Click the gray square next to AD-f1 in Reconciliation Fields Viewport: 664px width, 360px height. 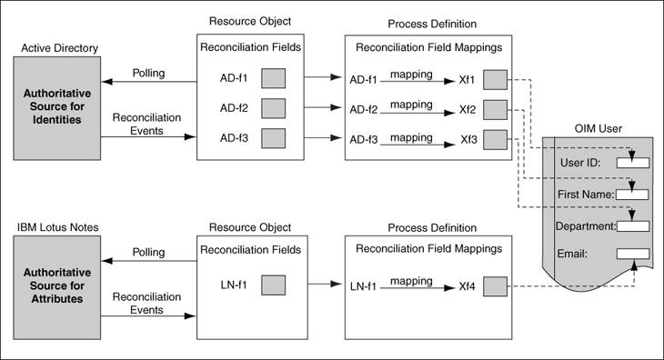[x=274, y=79]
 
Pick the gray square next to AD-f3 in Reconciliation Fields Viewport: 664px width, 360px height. [x=274, y=140]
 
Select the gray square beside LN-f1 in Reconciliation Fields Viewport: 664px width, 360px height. [x=274, y=286]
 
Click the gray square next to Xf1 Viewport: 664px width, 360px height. [x=496, y=79]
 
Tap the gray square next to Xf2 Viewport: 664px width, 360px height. [x=496, y=110]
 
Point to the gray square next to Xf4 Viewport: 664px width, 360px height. [x=496, y=287]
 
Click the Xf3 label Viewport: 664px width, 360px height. [x=468, y=140]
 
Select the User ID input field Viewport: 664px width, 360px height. [x=632, y=163]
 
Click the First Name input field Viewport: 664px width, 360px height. [x=632, y=194]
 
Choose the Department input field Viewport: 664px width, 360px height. [x=632, y=225]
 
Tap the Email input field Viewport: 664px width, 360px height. [x=632, y=254]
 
